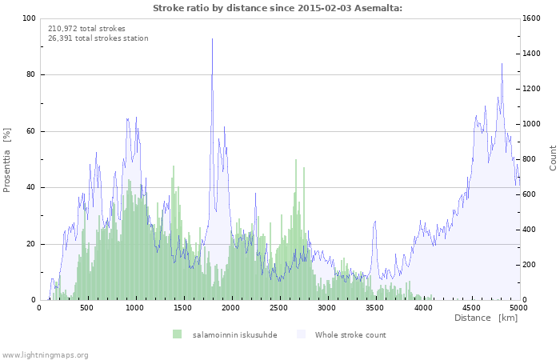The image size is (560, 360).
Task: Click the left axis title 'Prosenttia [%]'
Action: point(7,159)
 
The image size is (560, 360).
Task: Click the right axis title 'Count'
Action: point(553,158)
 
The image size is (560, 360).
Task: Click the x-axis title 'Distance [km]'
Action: point(486,318)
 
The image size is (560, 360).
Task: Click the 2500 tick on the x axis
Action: point(279,307)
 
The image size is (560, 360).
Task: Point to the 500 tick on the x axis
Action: point(87,307)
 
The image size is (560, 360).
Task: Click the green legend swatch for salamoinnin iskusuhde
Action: point(177,334)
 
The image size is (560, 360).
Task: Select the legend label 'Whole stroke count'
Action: point(350,334)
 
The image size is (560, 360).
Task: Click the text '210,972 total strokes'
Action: point(86,28)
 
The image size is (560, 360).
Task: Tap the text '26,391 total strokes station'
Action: point(98,38)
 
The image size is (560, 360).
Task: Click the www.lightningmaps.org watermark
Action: point(45,354)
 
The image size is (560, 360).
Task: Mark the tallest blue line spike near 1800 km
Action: point(212,39)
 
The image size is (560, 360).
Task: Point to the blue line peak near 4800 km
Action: point(502,64)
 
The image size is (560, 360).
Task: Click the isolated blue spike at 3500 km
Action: point(374,222)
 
